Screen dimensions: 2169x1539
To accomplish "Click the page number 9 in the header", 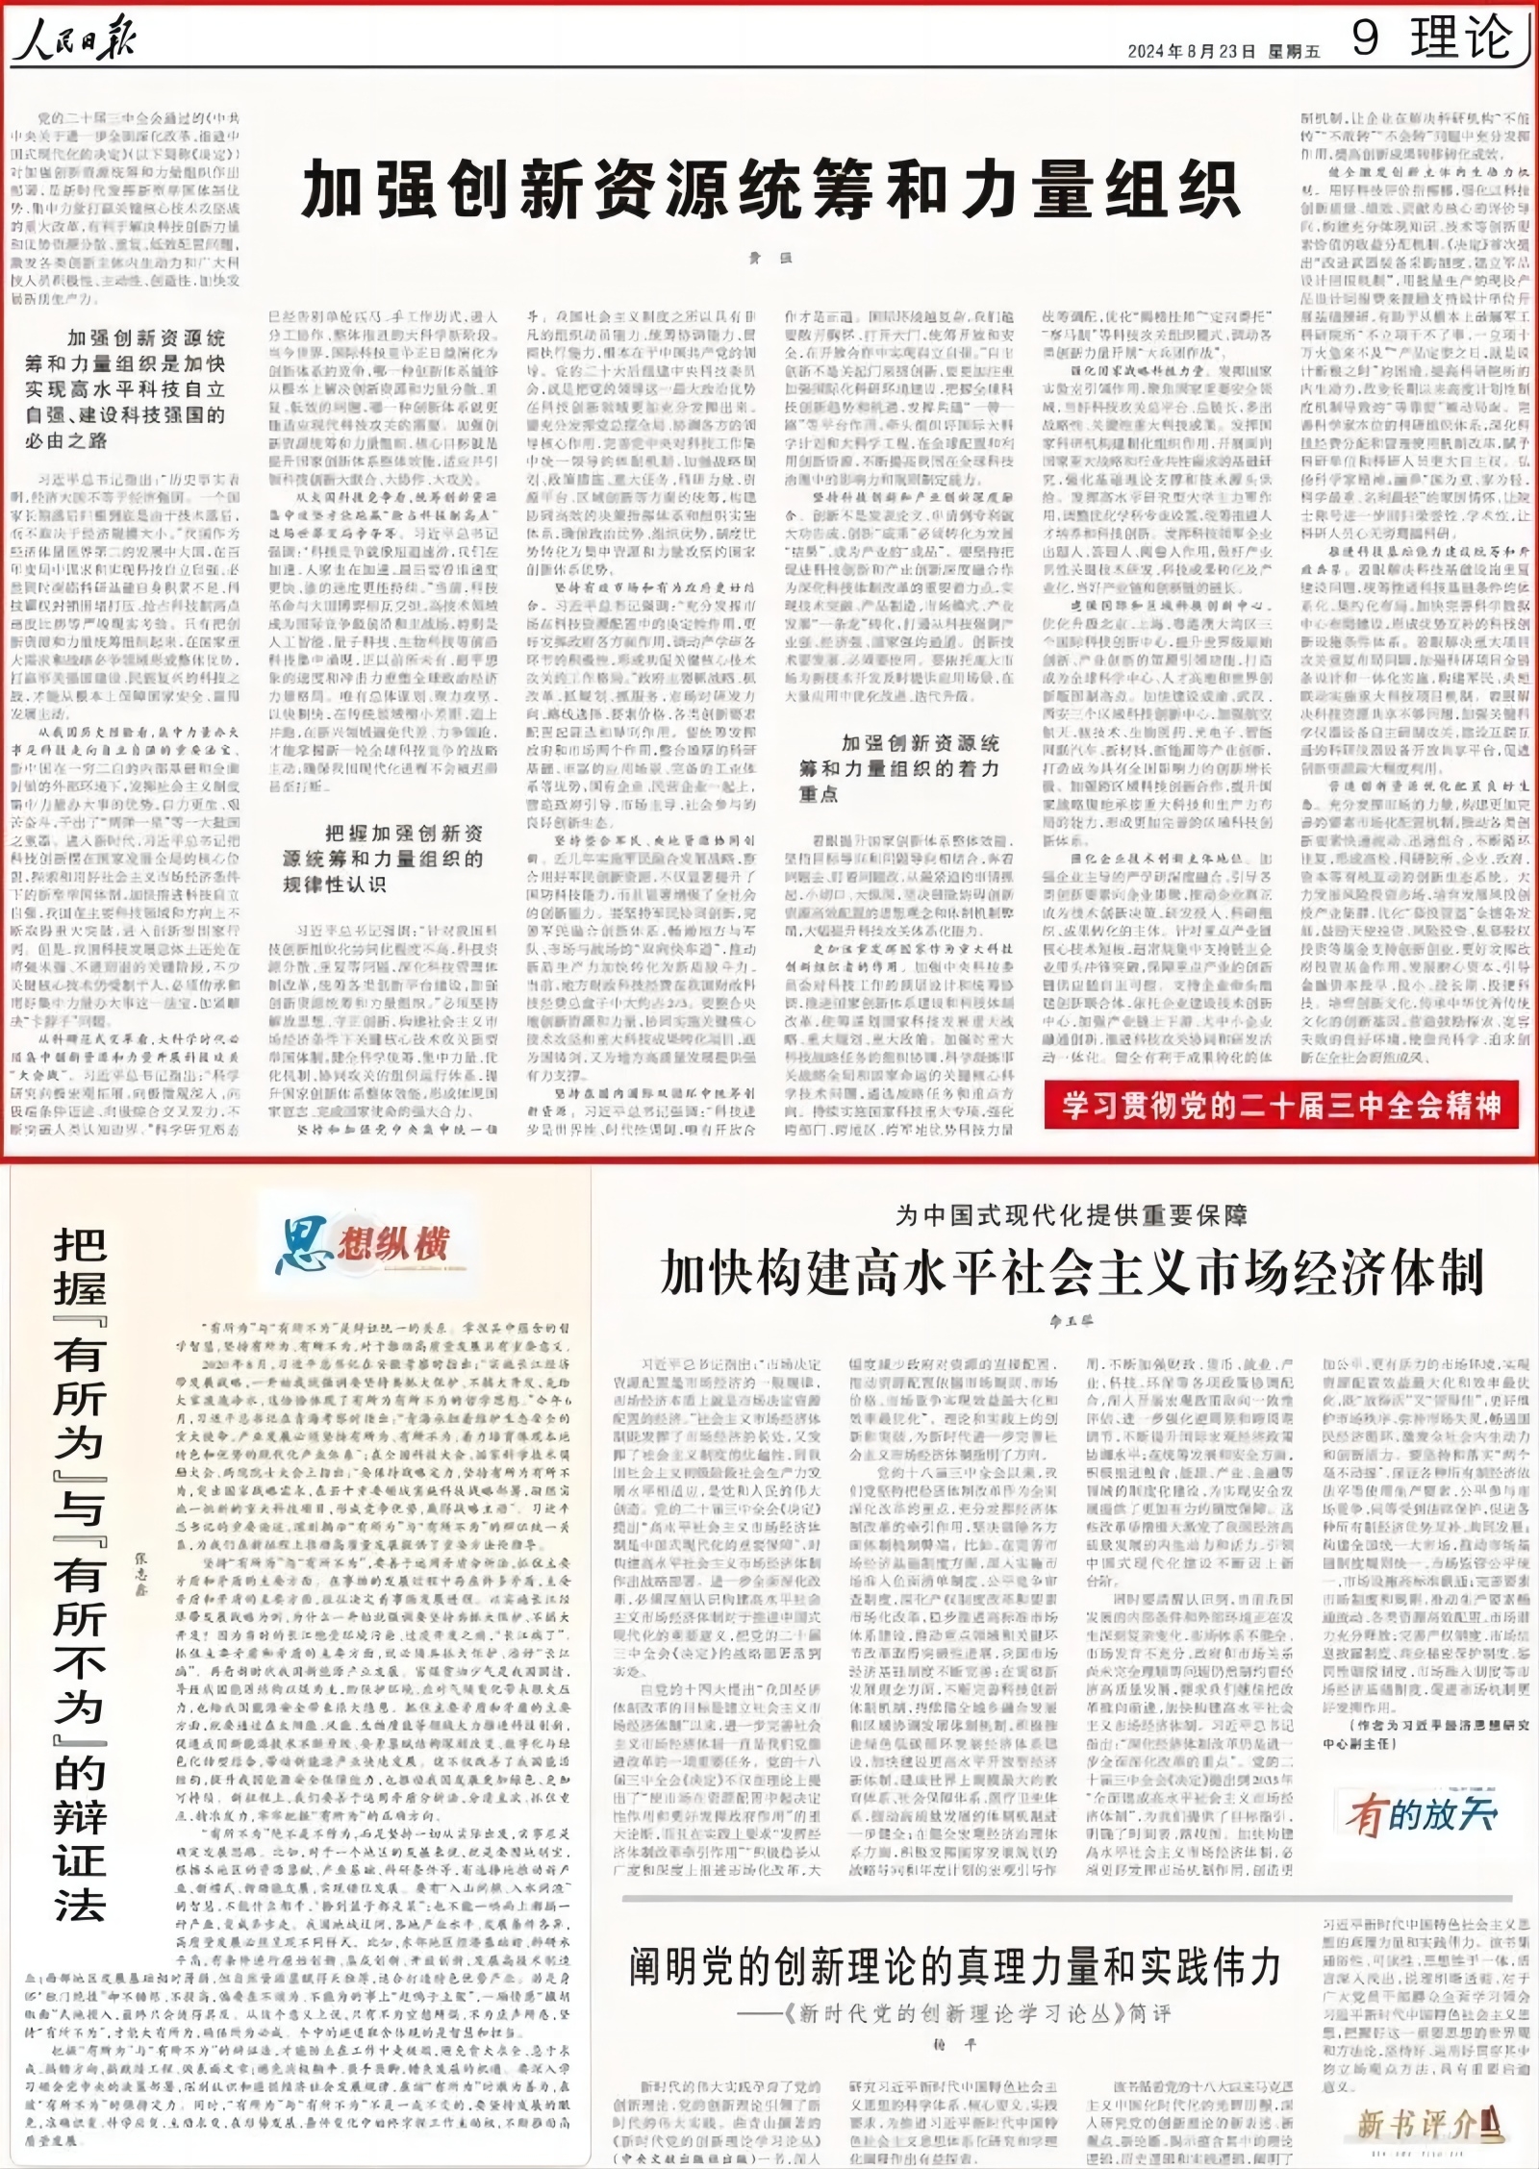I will [x=1366, y=39].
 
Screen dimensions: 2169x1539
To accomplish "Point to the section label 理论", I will [x=1460, y=39].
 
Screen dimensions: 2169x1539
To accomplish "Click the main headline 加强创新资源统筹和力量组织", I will [x=769, y=189].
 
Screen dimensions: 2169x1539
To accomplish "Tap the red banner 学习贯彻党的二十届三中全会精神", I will [x=1281, y=1106].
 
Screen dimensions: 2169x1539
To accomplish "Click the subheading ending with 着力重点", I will [x=899, y=768].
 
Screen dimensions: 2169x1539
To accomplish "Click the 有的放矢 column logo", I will [x=1422, y=1815].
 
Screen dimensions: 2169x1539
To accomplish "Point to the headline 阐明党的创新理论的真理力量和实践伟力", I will [x=955, y=1966].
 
